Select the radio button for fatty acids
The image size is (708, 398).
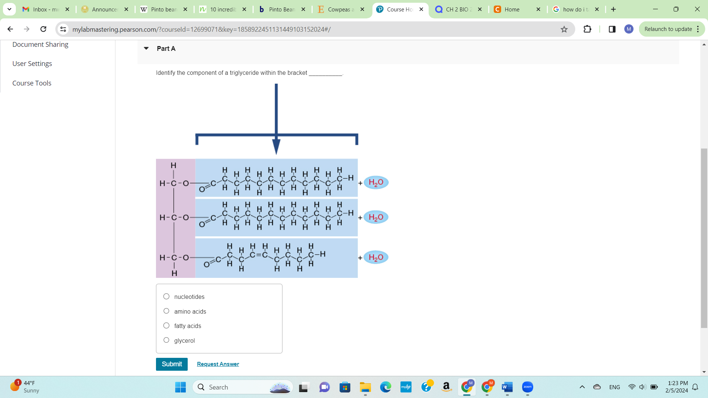[166, 326]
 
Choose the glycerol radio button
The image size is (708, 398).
[166, 340]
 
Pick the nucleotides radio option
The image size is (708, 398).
[166, 296]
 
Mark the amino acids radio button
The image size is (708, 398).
[166, 311]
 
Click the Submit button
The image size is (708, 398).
[171, 364]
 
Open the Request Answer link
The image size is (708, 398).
[218, 364]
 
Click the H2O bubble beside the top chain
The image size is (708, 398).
[376, 182]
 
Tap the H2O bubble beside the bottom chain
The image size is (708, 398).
[376, 257]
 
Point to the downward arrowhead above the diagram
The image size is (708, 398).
[276, 146]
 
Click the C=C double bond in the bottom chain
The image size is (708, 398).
[258, 255]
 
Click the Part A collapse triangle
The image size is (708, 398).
[146, 48]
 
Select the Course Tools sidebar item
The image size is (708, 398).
[32, 83]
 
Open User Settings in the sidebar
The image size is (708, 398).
[32, 64]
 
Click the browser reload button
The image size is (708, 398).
[43, 29]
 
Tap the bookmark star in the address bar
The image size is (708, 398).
[564, 29]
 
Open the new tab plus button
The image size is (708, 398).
[613, 9]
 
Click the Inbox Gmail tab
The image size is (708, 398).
[42, 9]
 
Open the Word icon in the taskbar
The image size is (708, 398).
[507, 387]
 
